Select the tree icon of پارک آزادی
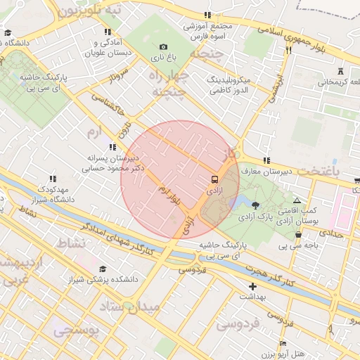point(255,205)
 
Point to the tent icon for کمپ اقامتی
point(297,200)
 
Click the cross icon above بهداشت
point(253,286)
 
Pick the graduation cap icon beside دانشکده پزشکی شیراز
point(103,269)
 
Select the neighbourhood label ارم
point(95,132)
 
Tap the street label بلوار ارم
point(169,196)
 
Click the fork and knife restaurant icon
point(288,50)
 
